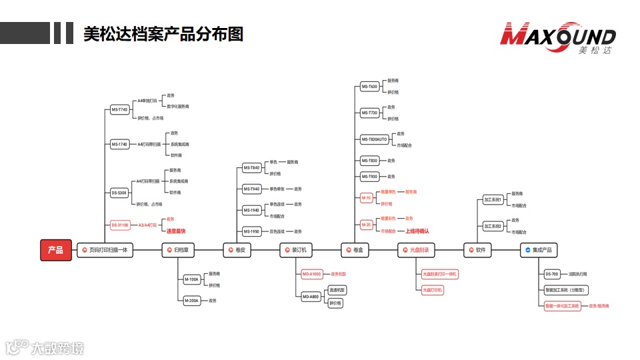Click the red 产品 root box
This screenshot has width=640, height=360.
[x=55, y=250]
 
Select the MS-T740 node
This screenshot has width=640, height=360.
[x=119, y=109]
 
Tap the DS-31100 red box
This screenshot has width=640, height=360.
[x=120, y=225]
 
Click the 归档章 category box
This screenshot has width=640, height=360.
[x=180, y=250]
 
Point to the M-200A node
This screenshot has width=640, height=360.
[x=191, y=301]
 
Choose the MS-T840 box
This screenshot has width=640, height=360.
[x=251, y=168]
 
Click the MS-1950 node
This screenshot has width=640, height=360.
[x=251, y=232]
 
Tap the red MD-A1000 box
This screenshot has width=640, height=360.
[x=312, y=274]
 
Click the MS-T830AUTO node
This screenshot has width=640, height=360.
[x=374, y=139]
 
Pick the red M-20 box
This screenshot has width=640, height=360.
[x=367, y=225]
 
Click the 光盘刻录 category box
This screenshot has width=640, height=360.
[x=416, y=250]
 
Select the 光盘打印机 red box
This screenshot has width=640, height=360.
[x=433, y=290]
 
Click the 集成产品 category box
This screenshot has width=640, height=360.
[x=539, y=250]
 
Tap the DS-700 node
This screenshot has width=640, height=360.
[x=552, y=274]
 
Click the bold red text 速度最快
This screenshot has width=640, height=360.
[x=176, y=231]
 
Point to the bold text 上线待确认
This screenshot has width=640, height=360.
[x=417, y=231]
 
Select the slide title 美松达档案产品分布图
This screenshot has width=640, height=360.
[x=163, y=34]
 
